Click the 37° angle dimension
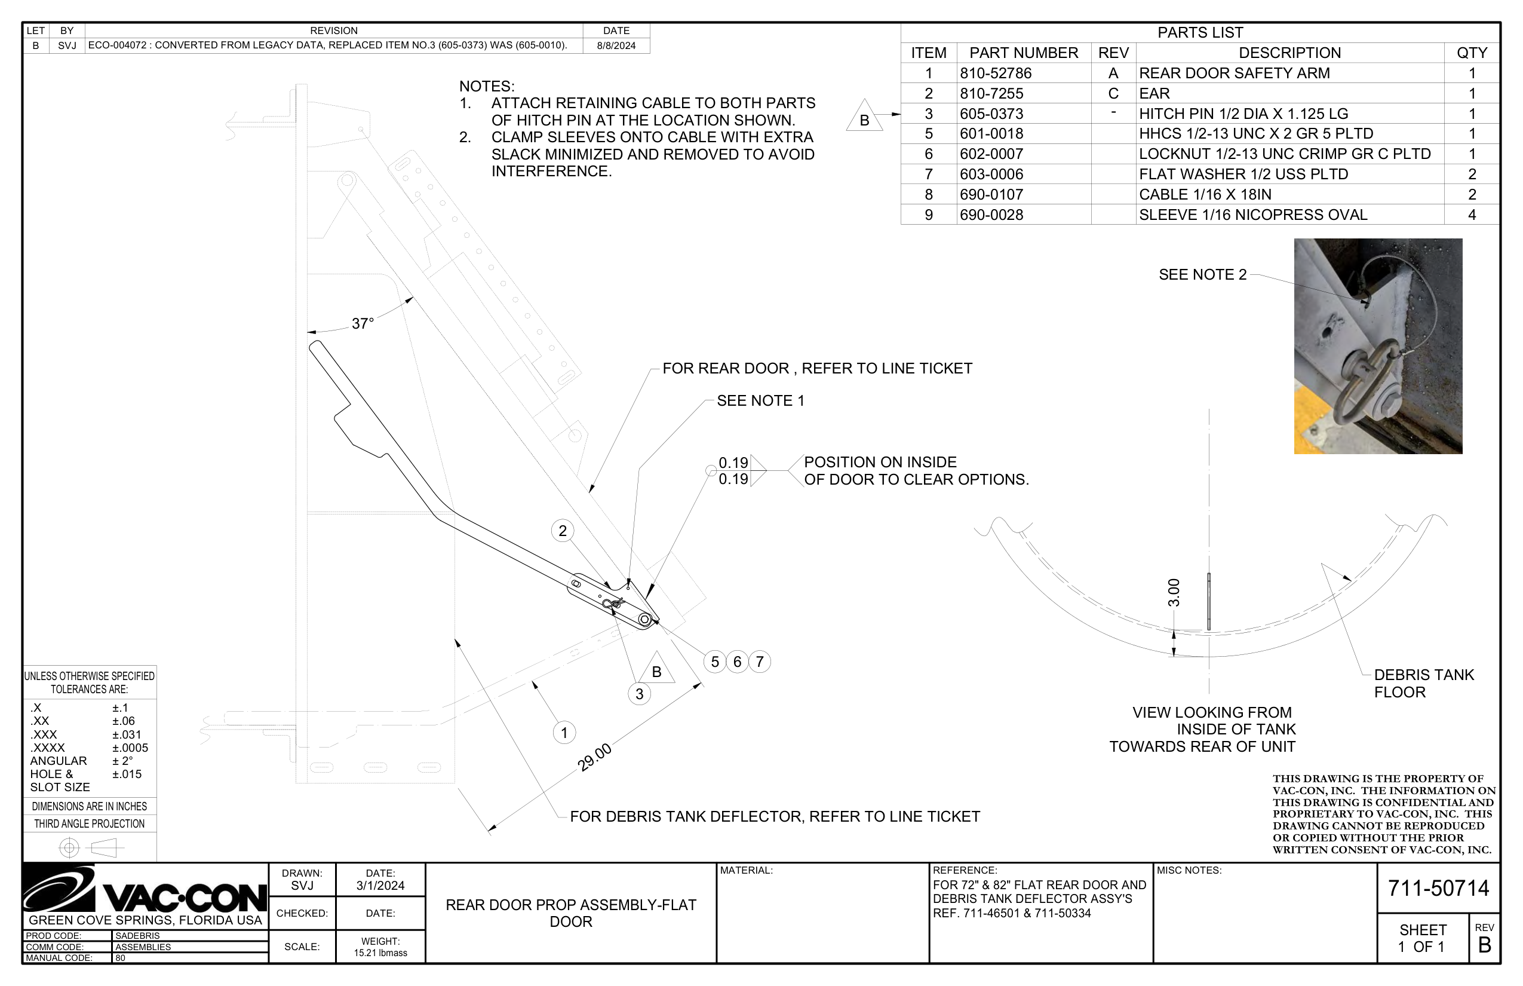[x=362, y=323]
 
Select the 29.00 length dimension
[x=594, y=758]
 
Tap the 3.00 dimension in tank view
[x=1173, y=592]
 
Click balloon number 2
[x=563, y=531]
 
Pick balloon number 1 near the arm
[x=564, y=733]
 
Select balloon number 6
[x=737, y=662]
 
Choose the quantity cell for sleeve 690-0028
[x=1471, y=215]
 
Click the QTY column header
[x=1471, y=53]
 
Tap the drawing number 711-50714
[x=1438, y=888]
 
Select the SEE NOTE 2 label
[x=1202, y=275]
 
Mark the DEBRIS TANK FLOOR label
[x=1423, y=683]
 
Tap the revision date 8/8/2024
[x=616, y=45]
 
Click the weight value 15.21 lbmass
[x=380, y=953]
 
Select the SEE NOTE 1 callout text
[x=760, y=401]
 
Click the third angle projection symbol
[x=90, y=848]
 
